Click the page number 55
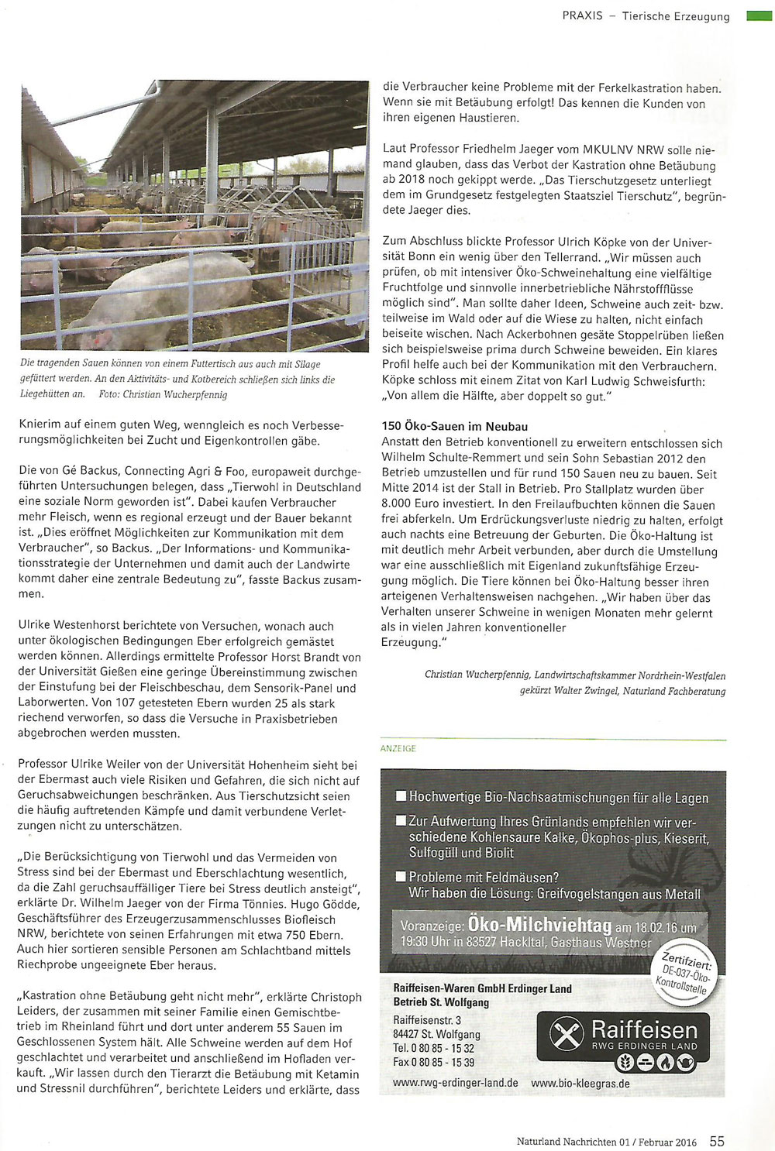[x=717, y=1141]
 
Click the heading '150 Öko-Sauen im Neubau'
[x=455, y=426]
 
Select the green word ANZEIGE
[x=398, y=748]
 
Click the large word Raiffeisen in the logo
[x=644, y=1029]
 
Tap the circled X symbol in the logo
[x=567, y=1035]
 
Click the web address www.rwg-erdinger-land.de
[x=455, y=1083]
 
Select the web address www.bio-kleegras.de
[x=580, y=1083]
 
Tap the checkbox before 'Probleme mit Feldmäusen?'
[x=401, y=877]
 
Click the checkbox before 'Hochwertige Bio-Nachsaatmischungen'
[x=401, y=796]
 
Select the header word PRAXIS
[x=582, y=15]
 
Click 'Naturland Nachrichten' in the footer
[x=567, y=1142]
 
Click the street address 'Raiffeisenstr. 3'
[x=427, y=1019]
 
